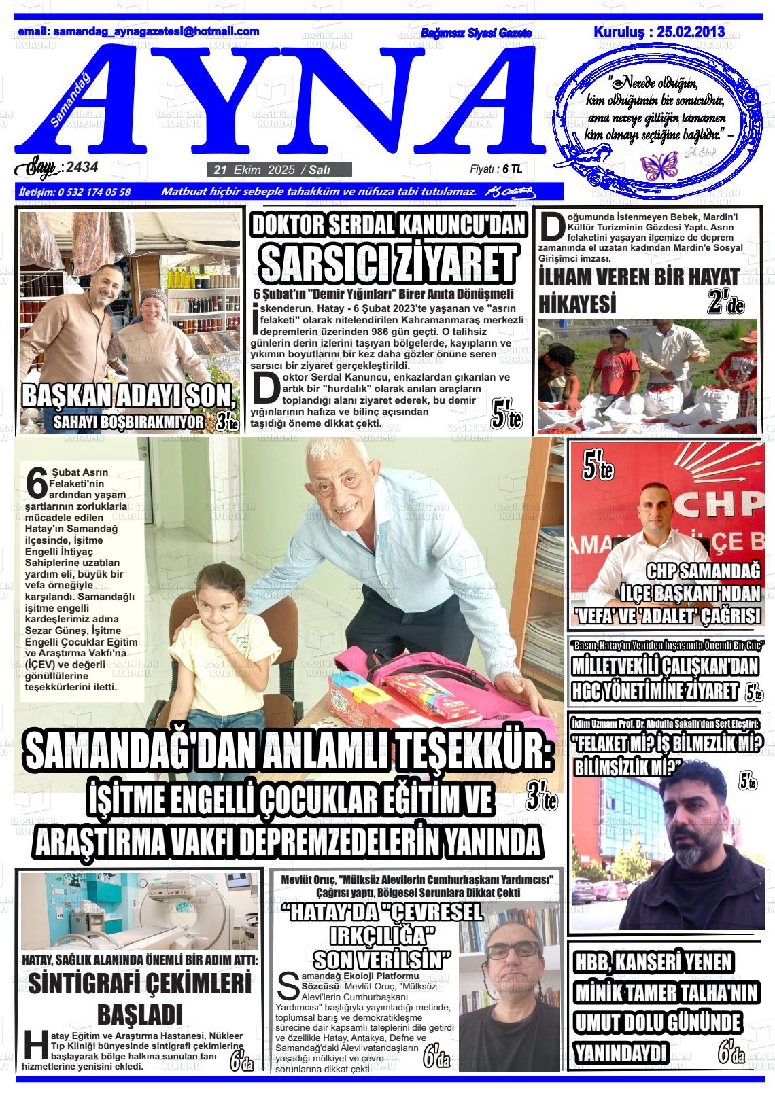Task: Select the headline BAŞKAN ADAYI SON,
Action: point(129,396)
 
